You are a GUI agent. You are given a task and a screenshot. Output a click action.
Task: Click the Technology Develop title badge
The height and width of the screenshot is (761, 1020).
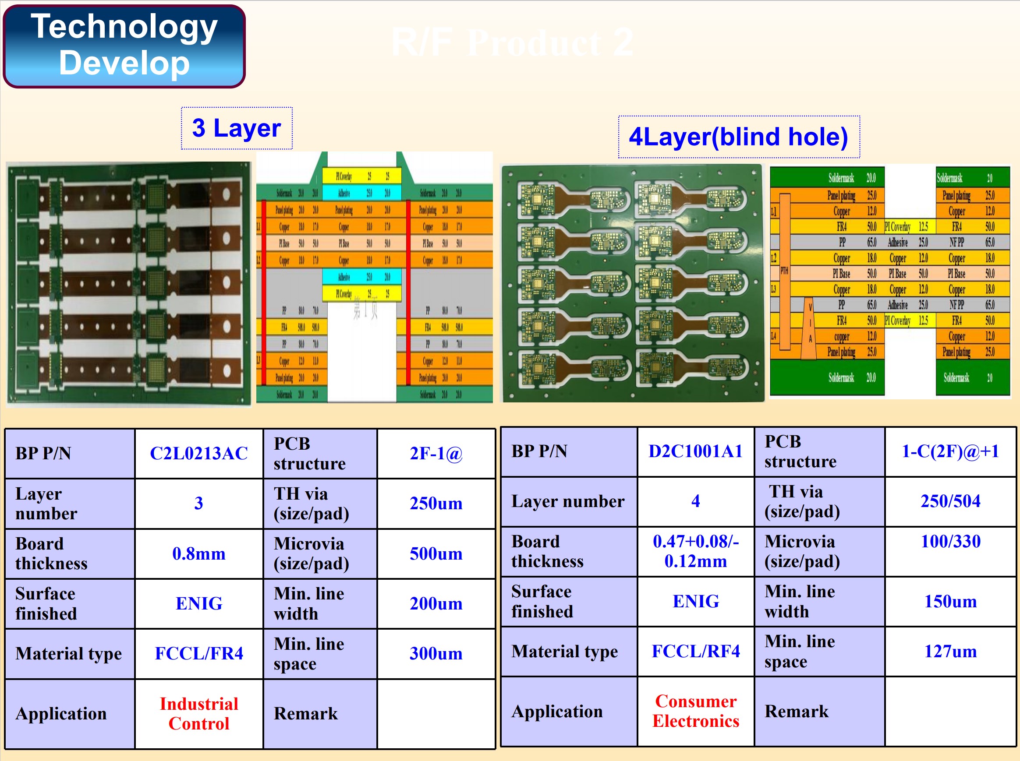click(x=124, y=46)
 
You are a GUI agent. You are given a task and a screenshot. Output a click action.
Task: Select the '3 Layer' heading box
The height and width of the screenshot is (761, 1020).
click(x=237, y=128)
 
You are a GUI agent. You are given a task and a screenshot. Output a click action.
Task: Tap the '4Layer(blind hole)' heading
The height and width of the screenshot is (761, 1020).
click(x=738, y=137)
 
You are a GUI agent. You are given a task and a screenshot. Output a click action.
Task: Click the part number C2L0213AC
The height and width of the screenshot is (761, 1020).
click(x=198, y=453)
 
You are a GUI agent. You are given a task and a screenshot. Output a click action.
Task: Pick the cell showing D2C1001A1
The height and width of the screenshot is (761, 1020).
click(x=695, y=451)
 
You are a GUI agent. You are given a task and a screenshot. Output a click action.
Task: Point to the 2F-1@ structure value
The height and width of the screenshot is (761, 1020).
click(x=436, y=453)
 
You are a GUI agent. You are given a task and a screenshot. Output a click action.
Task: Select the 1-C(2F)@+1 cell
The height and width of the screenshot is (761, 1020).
click(x=950, y=451)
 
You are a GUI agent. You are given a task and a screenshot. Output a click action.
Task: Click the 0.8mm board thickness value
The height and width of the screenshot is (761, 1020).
click(x=198, y=553)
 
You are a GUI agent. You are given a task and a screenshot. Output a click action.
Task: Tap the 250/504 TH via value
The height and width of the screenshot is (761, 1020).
click(x=950, y=501)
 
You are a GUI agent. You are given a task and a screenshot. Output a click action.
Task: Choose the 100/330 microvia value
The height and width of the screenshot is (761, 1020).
click(x=950, y=541)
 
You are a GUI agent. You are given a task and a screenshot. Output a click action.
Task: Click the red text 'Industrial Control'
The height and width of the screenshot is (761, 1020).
click(x=198, y=714)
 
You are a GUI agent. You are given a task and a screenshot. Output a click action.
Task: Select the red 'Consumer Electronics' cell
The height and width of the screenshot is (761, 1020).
click(x=695, y=711)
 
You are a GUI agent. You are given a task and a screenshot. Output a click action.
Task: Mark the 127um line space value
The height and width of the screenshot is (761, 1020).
click(x=950, y=652)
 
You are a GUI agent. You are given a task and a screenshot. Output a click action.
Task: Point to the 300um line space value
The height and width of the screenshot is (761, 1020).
click(x=436, y=653)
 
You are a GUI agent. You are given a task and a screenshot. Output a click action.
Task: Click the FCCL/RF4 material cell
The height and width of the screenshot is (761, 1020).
click(x=695, y=652)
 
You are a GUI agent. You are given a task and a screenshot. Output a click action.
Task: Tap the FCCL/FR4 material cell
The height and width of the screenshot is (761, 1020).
click(x=198, y=653)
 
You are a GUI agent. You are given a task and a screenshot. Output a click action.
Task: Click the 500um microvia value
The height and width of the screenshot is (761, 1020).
click(x=436, y=553)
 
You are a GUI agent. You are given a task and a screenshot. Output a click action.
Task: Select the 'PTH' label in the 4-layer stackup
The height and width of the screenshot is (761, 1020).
click(x=784, y=271)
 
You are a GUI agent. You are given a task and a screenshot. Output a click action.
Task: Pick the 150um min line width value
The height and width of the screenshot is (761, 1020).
click(x=950, y=601)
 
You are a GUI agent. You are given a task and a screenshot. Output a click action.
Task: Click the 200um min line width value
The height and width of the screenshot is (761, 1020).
click(x=436, y=603)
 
